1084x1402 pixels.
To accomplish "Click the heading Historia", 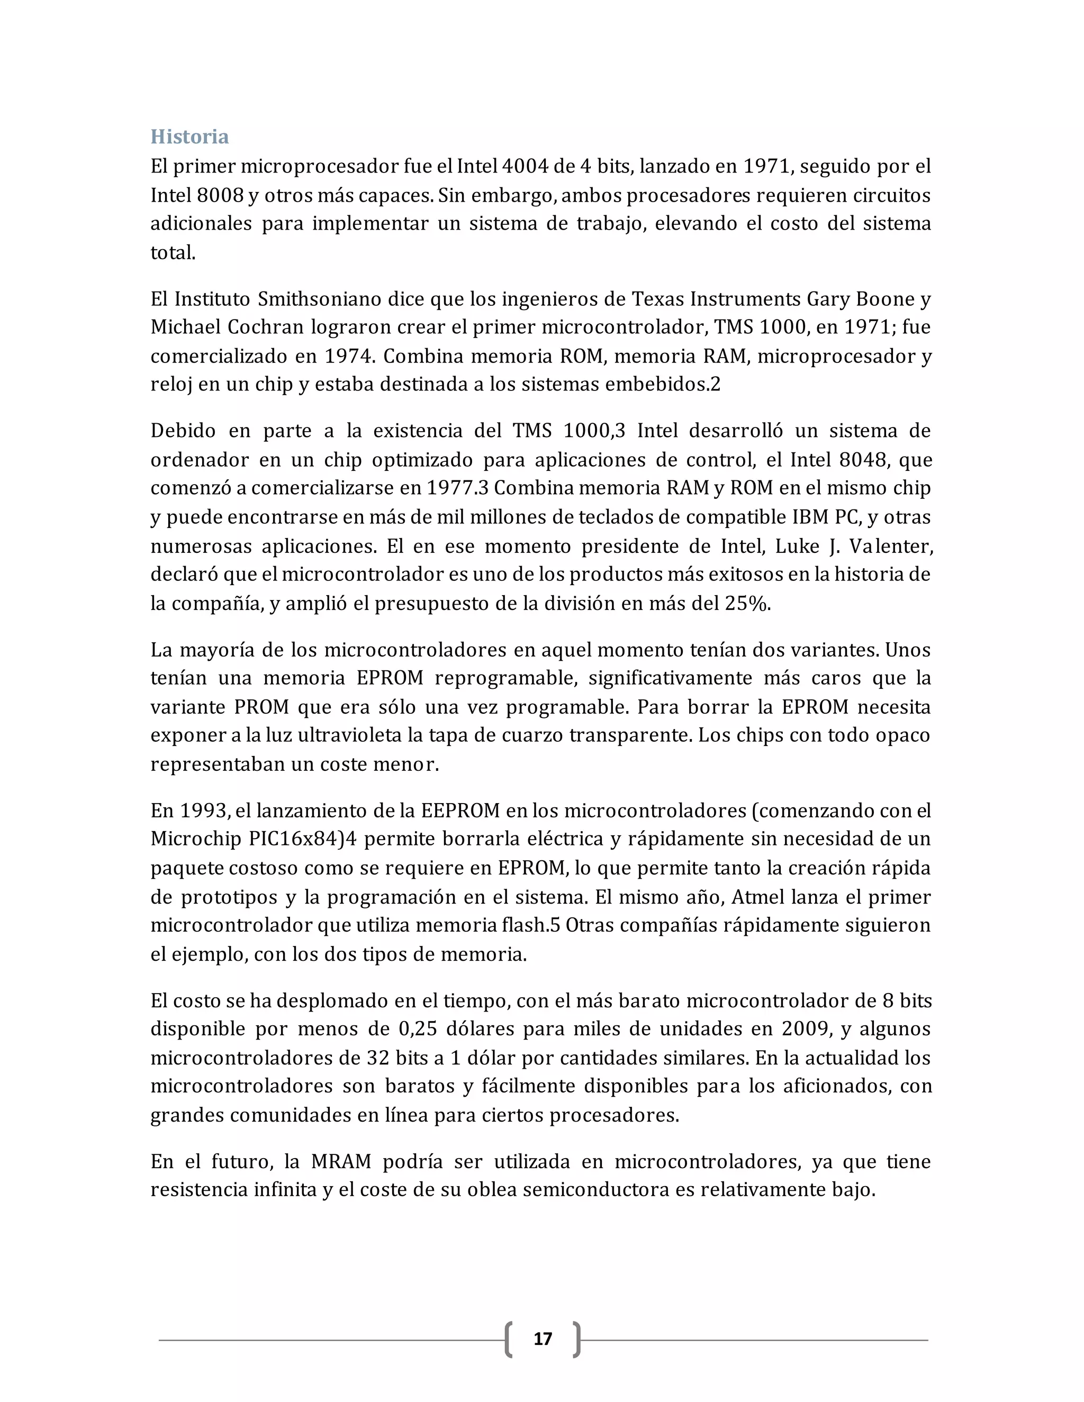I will coord(189,136).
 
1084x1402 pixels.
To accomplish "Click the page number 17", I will coord(543,1339).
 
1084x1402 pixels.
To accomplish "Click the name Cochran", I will coord(265,327).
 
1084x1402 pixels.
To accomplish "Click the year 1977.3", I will coord(457,488).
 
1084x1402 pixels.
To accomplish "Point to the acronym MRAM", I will coord(341,1161).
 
